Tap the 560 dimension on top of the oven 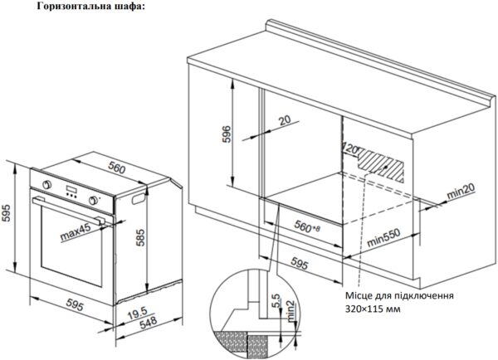tap(116, 168)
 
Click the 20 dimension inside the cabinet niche tap(286, 120)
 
